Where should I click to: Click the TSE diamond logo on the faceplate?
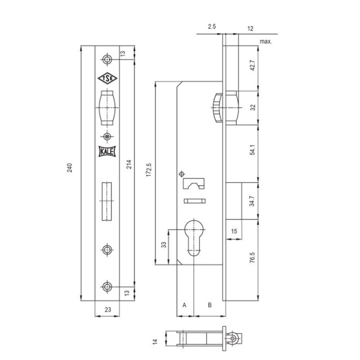click(107, 78)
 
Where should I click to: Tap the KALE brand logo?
click(107, 151)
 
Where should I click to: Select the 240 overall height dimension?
click(70, 168)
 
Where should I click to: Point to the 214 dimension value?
click(129, 164)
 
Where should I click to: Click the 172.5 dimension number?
click(148, 170)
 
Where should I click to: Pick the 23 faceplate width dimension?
click(107, 310)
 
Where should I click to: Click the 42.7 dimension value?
click(253, 65)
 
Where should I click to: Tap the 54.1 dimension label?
click(253, 150)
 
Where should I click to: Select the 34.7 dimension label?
click(253, 201)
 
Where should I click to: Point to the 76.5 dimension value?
click(253, 258)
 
